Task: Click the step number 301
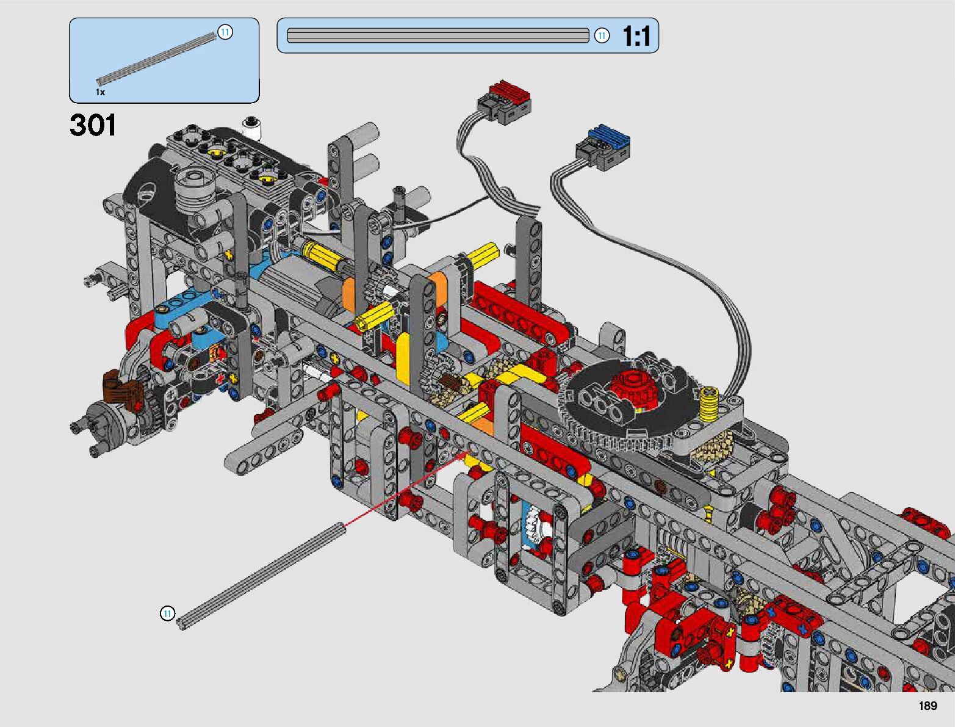tap(93, 125)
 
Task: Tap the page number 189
tap(928, 706)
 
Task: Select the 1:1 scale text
tap(636, 35)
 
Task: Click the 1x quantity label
tap(100, 92)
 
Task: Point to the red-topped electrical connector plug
tap(504, 101)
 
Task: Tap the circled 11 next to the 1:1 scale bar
tap(602, 35)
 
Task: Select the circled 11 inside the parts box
tap(225, 32)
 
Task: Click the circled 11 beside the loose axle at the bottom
tap(167, 613)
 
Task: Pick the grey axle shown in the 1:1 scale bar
tap(438, 35)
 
